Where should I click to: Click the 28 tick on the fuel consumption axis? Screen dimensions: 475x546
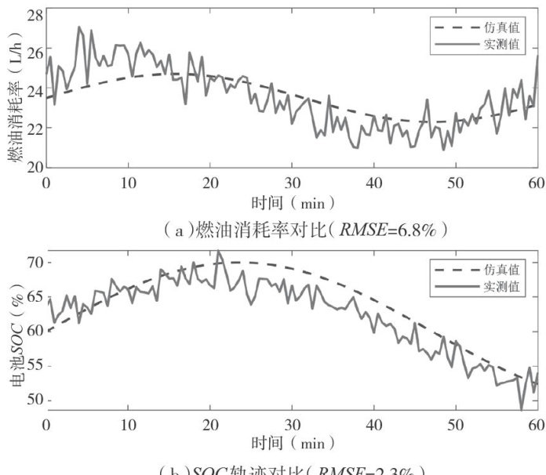[35, 14]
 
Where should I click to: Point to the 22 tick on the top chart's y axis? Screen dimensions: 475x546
[35, 128]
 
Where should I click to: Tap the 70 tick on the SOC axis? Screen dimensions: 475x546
[35, 262]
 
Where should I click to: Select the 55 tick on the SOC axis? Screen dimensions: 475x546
[35, 366]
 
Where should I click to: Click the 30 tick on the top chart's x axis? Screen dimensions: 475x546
[292, 182]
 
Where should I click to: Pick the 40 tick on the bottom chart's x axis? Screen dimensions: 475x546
[373, 424]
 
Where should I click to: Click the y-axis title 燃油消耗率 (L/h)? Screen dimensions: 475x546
[14, 90]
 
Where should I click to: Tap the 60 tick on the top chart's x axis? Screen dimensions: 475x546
[537, 182]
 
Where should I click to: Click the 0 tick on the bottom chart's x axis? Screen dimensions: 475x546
[46, 424]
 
